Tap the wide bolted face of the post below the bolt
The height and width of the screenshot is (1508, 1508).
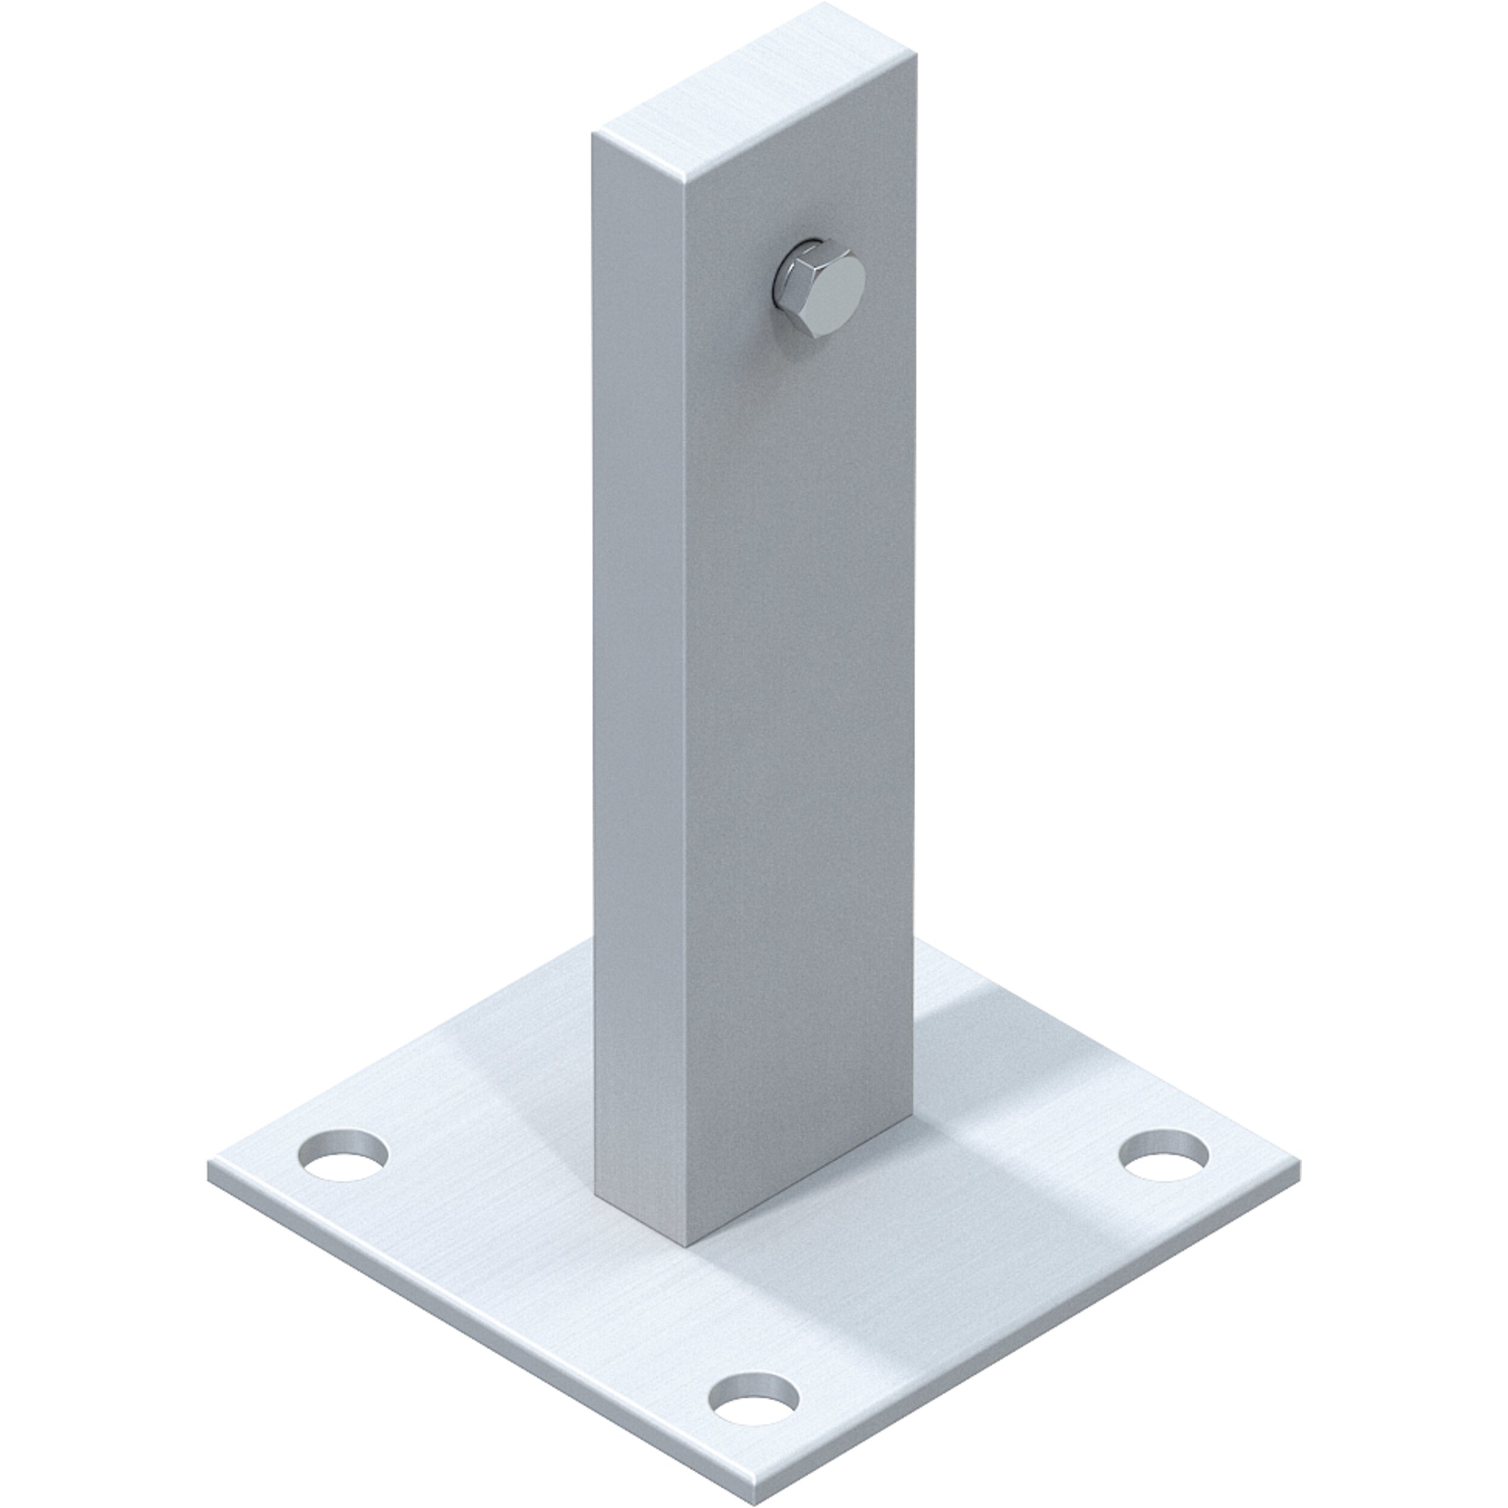796,703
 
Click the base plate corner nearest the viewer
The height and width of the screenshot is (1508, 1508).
756,1497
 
